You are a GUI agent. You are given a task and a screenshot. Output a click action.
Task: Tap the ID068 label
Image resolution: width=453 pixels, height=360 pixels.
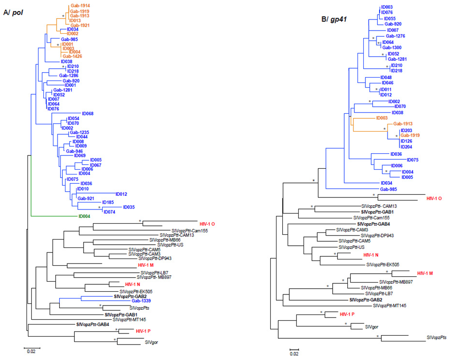[87, 114]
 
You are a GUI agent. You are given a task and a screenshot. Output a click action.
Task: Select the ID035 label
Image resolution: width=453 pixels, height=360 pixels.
[129, 207]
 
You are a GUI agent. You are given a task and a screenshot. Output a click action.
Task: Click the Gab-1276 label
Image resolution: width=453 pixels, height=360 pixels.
[395, 36]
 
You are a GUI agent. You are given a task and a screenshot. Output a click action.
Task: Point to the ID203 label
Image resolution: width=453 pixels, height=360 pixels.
[406, 130]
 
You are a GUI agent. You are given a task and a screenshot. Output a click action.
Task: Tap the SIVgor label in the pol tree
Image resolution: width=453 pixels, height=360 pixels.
[151, 342]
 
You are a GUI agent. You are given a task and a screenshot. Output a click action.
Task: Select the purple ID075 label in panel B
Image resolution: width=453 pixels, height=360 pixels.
[412, 160]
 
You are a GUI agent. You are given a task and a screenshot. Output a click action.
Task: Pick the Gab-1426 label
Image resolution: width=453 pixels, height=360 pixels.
[72, 56]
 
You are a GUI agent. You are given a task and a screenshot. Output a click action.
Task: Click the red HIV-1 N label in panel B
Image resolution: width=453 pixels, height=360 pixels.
[371, 255]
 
